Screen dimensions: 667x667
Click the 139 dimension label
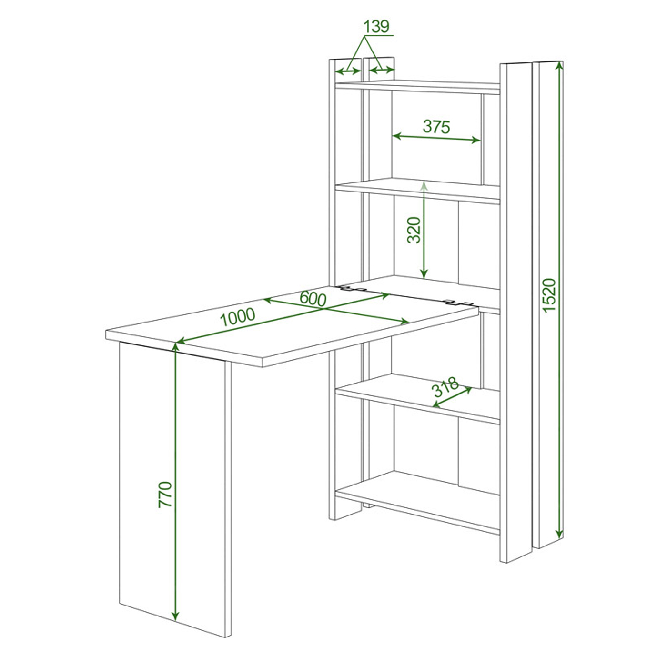pos(376,27)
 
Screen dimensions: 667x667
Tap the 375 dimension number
pos(436,127)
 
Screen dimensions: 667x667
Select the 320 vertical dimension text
pos(414,230)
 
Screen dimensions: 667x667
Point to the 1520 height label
pos(549,295)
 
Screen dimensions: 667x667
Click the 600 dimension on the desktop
pos(313,299)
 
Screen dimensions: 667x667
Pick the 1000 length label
pos(238,316)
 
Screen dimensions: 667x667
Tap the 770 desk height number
pos(165,495)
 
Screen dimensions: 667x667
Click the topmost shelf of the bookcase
pos(417,87)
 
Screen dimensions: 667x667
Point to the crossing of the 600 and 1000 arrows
pos(324,309)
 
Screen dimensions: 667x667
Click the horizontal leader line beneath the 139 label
pos(378,35)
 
